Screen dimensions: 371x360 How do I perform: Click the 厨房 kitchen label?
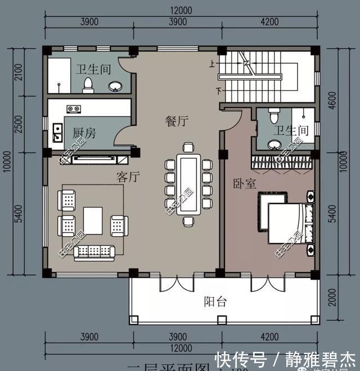(84, 133)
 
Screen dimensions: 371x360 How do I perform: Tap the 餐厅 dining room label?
(176, 120)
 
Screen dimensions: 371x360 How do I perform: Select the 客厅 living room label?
(128, 177)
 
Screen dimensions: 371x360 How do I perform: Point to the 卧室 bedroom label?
(244, 184)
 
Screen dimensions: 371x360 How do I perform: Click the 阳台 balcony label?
(215, 301)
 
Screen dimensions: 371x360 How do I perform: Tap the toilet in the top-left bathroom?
(87, 84)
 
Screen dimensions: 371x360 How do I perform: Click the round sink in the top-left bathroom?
(115, 86)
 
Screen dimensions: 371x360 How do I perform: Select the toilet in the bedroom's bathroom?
(273, 116)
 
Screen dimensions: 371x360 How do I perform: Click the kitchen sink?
(57, 134)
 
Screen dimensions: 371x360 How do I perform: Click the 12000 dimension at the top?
(179, 10)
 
